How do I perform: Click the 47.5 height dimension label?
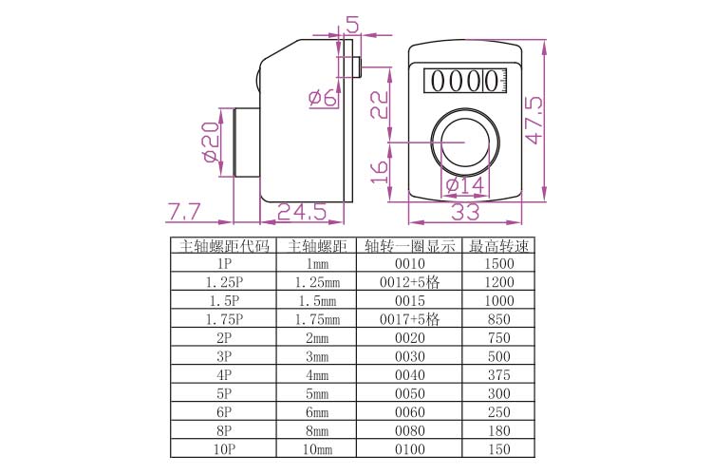534,120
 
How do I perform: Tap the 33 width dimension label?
466,212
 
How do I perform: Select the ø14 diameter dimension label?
465,185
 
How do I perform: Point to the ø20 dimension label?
212,142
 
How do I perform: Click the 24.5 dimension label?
302,212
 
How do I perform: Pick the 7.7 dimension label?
184,212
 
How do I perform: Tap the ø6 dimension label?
323,98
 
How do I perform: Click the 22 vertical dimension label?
380,104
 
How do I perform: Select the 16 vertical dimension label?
380,171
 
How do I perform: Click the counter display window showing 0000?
465,82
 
